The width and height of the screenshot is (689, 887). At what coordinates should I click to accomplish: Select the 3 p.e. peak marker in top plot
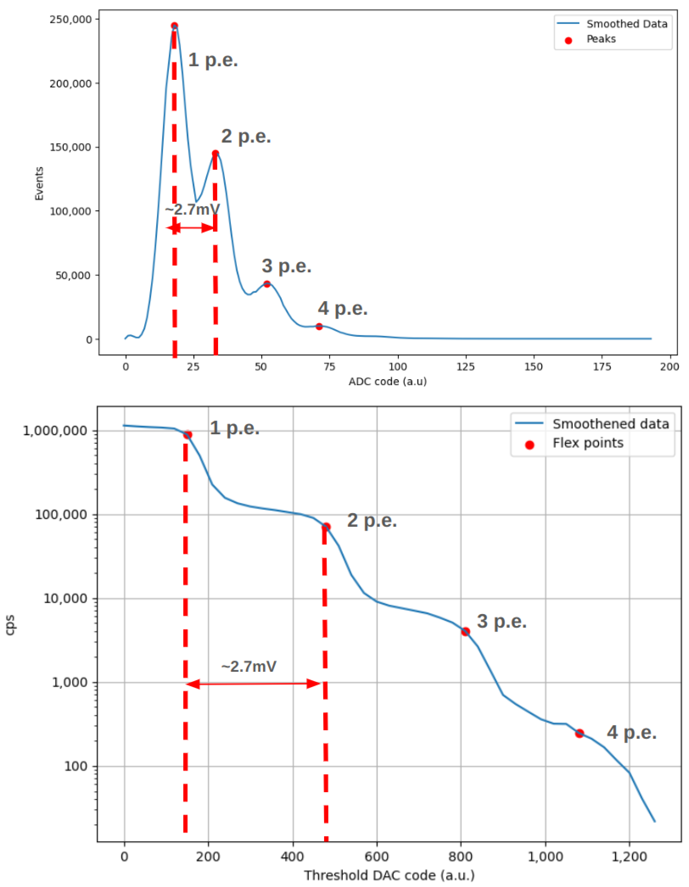click(267, 284)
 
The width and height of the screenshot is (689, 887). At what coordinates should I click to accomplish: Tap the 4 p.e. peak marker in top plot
click(319, 327)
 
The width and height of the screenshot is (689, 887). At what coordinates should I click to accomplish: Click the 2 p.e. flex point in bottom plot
click(326, 527)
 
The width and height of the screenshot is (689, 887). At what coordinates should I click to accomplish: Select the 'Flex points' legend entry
click(588, 443)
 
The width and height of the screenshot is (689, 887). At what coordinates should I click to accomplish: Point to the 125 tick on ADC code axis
click(466, 367)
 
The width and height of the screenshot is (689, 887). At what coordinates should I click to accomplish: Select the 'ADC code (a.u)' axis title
click(387, 381)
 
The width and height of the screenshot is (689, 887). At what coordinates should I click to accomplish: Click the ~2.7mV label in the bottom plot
click(249, 667)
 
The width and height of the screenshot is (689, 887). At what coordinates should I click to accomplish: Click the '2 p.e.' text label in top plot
click(246, 136)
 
